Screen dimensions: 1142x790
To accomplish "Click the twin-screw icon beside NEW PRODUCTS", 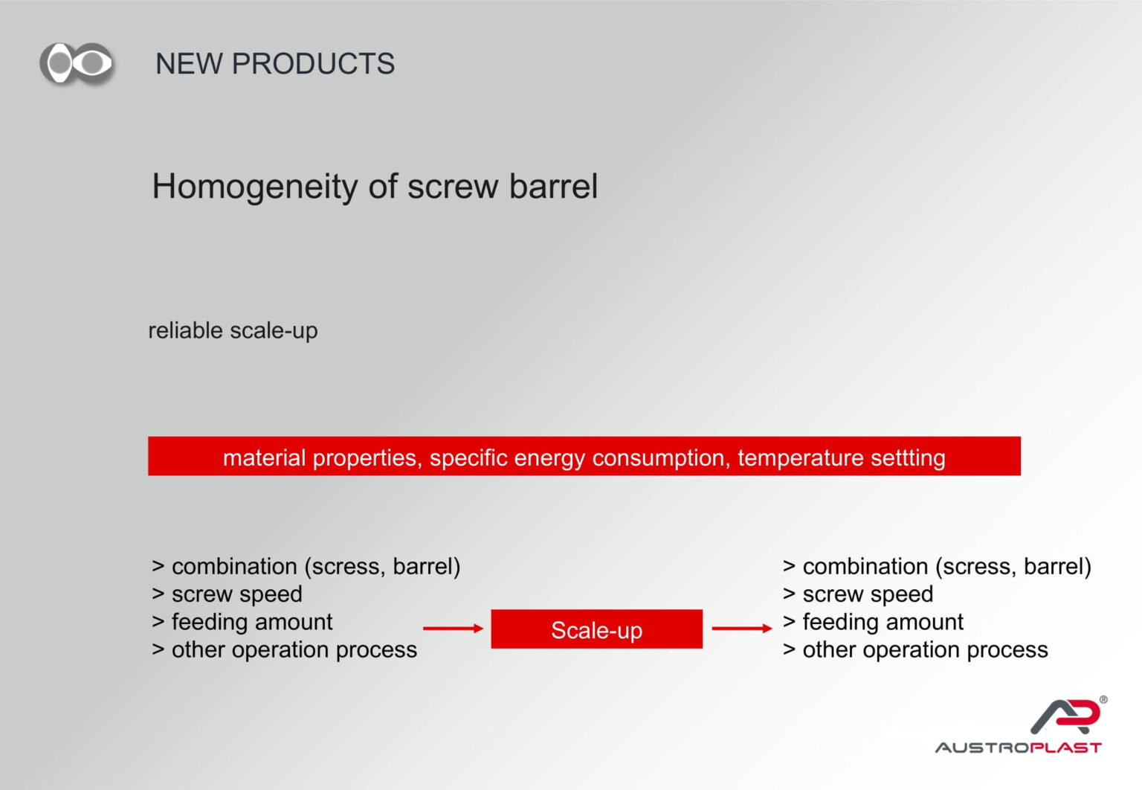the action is (77, 63).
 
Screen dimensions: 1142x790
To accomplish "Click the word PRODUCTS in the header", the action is (313, 64).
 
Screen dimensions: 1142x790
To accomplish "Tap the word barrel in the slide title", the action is (553, 186).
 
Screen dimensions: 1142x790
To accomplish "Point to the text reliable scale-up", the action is (233, 331).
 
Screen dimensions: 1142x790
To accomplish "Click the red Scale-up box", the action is (596, 629).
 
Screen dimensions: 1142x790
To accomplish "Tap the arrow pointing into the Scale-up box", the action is (454, 629).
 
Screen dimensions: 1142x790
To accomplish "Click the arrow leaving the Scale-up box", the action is (742, 629).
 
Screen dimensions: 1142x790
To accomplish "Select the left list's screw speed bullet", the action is (227, 594).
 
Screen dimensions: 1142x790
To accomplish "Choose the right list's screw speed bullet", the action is (858, 594).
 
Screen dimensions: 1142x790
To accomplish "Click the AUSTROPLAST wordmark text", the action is (1018, 748).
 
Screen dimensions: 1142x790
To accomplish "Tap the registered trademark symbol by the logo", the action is (1103, 700).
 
